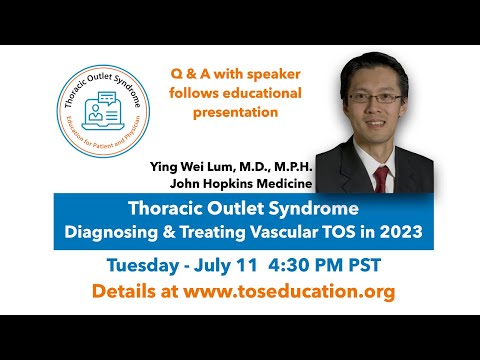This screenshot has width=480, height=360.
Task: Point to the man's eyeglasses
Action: tap(375, 98)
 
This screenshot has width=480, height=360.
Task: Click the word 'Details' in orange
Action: tap(121, 293)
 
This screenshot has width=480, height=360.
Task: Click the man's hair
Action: tap(375, 65)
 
